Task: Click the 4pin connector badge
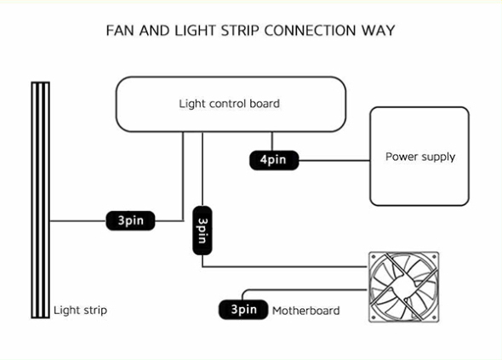(274, 160)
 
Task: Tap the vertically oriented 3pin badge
(203, 231)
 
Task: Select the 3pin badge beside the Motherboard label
(243, 310)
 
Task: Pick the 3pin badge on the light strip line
(130, 220)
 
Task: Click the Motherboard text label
(305, 311)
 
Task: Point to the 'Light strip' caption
(80, 311)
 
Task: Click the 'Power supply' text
(420, 157)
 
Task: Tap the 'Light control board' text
(229, 104)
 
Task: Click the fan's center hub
(403, 287)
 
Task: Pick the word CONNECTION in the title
(310, 31)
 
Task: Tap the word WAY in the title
(378, 31)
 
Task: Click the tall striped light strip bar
(40, 200)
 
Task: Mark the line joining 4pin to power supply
(334, 161)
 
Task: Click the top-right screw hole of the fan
(434, 257)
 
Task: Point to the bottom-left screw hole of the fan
(374, 317)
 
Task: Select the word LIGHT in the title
(196, 31)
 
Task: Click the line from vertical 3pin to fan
(285, 266)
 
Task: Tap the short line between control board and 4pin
(272, 141)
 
